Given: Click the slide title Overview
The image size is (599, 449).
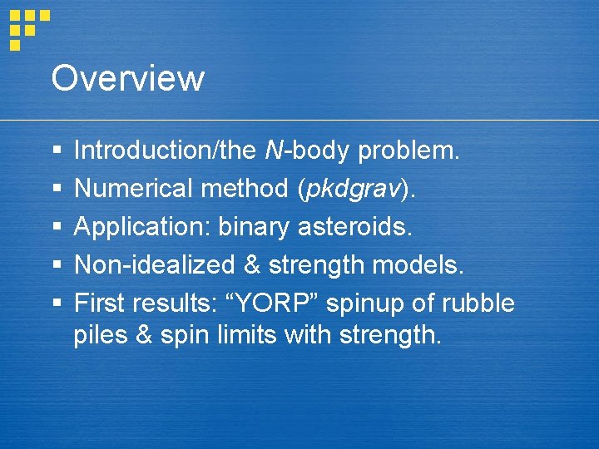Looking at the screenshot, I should (x=127, y=78).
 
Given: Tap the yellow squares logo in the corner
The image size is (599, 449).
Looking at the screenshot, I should (x=28, y=27).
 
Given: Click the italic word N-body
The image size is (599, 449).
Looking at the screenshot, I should (x=308, y=150).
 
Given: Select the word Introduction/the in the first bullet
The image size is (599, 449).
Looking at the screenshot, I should (x=166, y=150).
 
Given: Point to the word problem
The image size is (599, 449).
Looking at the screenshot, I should (x=408, y=150).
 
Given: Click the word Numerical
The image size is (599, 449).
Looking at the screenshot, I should (x=134, y=189).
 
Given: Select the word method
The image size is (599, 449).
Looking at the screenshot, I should (x=245, y=189).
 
